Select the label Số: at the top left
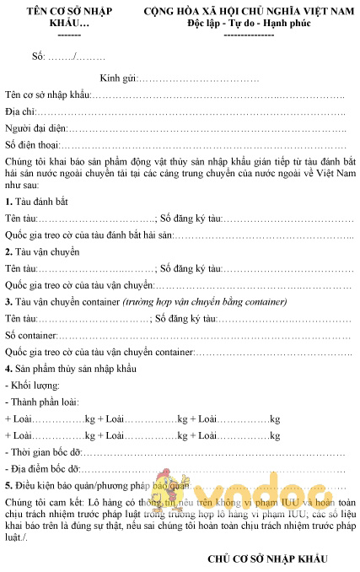(38, 57)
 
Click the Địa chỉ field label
(20, 111)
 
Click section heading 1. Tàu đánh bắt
(36, 202)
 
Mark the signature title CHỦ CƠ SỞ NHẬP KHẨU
(266, 559)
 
